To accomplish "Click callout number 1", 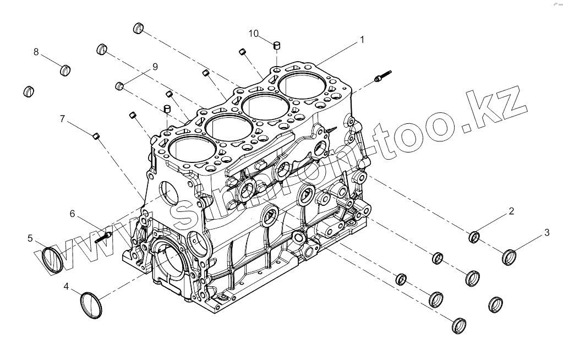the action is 362,40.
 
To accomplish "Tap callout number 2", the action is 511,211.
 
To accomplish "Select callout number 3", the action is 546,232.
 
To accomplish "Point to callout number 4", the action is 66,286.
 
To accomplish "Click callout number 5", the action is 30,238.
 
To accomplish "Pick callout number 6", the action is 72,214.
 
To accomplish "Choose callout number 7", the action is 62,118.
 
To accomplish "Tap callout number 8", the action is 36,52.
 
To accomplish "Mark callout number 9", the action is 155,67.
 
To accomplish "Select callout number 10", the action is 253,34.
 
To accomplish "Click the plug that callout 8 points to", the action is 65,70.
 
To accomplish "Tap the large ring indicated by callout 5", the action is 53,259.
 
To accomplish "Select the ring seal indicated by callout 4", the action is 92,304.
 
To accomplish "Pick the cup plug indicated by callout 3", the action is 510,257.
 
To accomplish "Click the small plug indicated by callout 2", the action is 474,238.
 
